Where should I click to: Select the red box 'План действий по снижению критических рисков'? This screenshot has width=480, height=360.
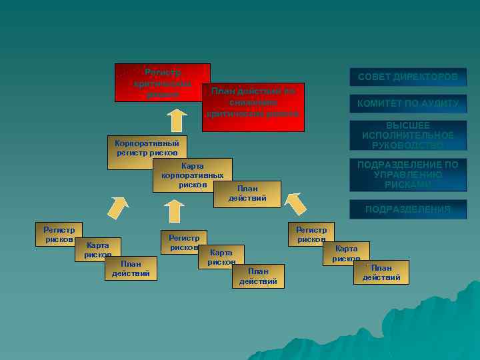point(253,107)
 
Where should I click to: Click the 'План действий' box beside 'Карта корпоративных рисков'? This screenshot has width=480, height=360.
point(247,194)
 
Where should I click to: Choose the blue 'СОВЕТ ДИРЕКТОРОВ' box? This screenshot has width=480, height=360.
point(408,77)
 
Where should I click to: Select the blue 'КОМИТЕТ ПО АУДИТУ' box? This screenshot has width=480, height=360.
point(408,104)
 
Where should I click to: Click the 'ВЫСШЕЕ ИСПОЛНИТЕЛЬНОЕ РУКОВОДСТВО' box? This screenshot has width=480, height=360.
point(408,135)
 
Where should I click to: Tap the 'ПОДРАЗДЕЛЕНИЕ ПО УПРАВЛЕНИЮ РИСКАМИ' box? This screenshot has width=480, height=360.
point(408,175)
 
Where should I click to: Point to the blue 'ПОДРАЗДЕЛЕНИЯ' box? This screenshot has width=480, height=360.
point(408,209)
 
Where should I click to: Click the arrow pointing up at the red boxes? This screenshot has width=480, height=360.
point(176,120)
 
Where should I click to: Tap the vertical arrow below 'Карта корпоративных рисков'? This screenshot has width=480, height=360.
point(175,211)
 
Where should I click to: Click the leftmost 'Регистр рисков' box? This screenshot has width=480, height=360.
point(59,233)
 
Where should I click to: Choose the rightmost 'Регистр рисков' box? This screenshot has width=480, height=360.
point(312,233)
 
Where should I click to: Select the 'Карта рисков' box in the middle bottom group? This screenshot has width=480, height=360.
point(221,256)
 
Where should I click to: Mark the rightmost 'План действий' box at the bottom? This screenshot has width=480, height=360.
point(381,272)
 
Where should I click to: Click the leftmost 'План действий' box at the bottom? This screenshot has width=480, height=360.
point(131,268)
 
